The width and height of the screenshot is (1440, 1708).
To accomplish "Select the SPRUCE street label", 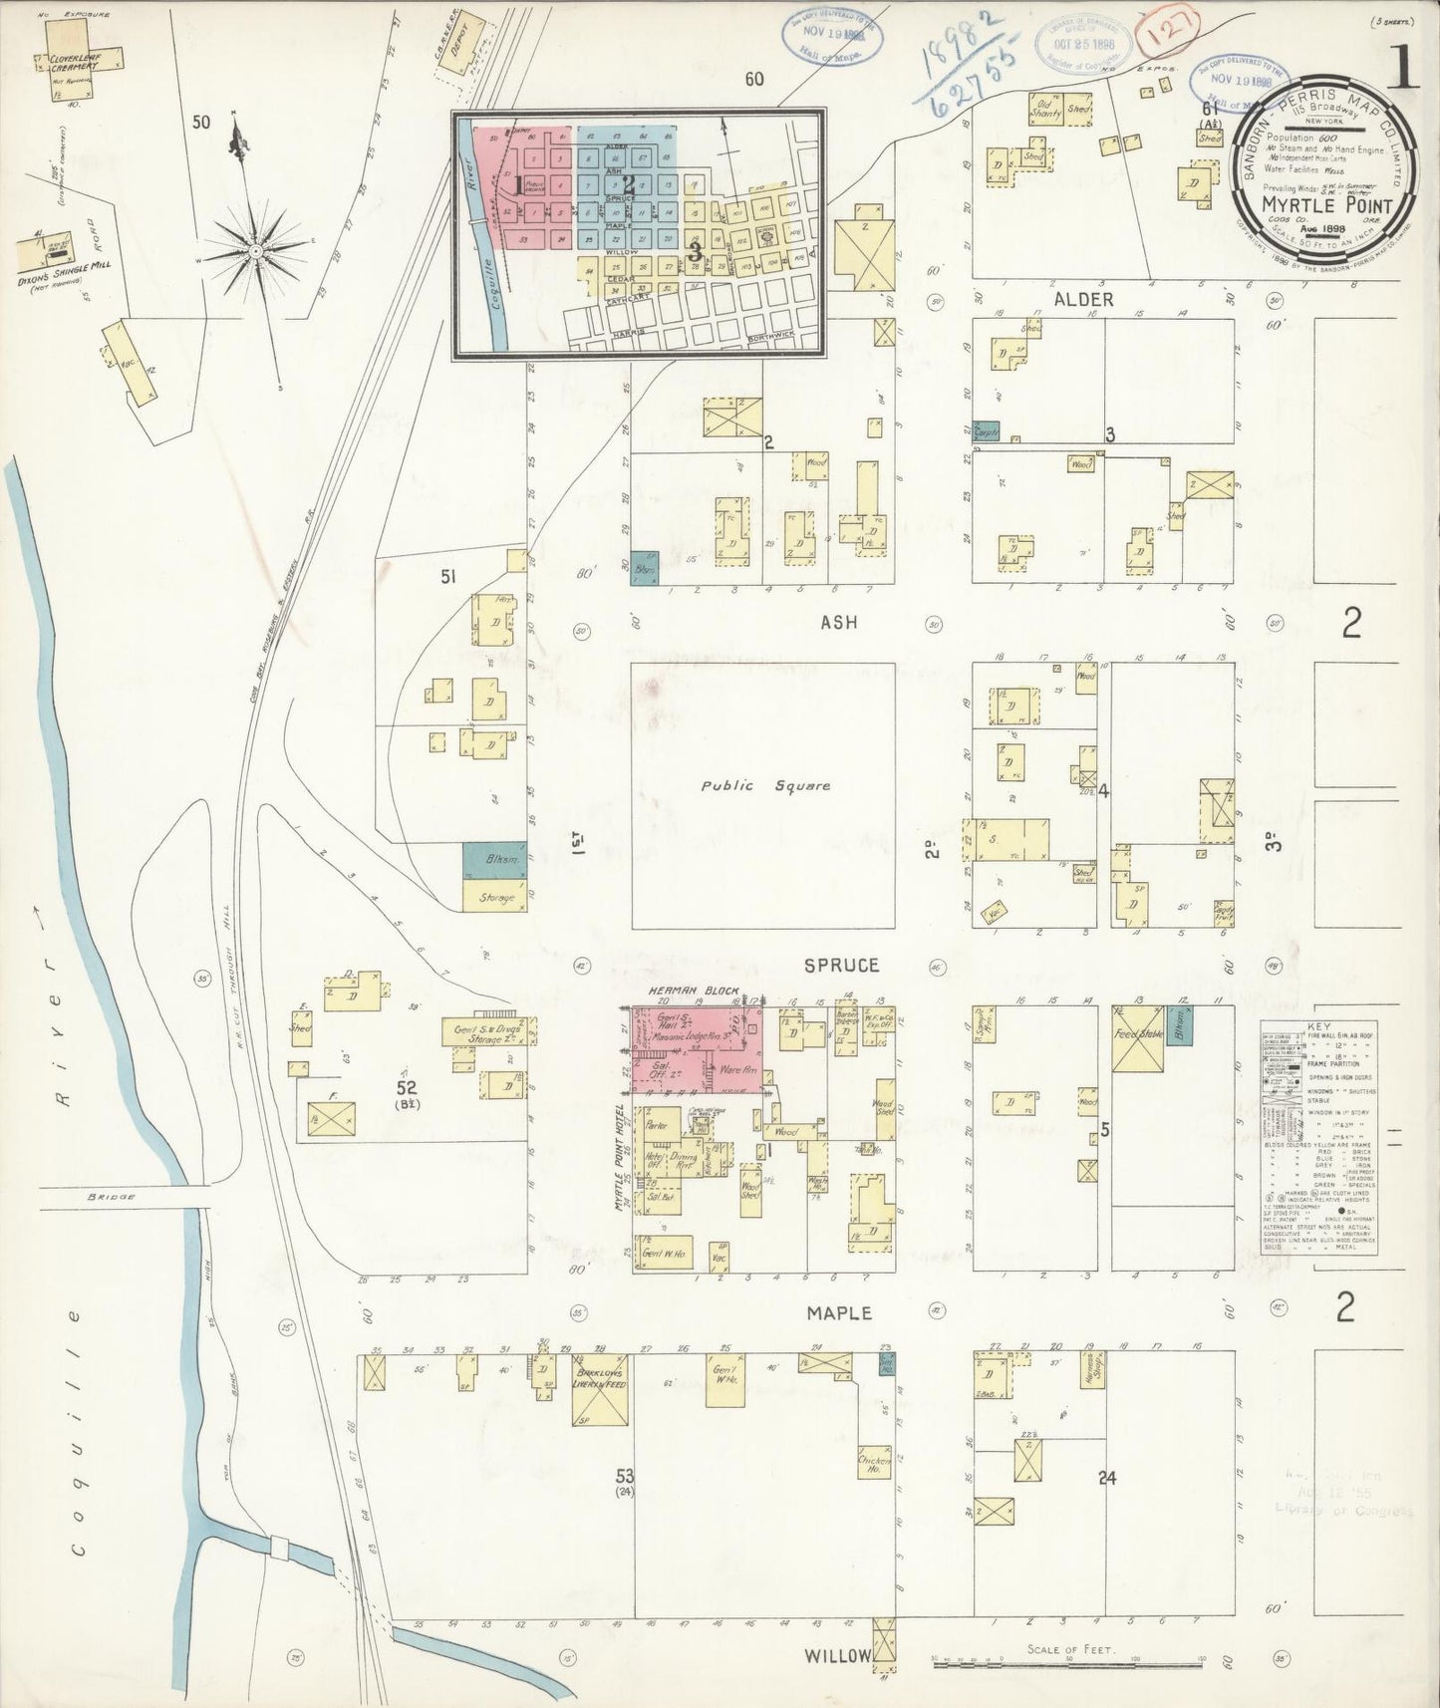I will pos(842,965).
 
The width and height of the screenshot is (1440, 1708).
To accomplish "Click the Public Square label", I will pos(764,785).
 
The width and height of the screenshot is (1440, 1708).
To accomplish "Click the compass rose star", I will pos(256,252).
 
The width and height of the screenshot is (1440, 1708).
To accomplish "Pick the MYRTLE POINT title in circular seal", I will pos(1329,204).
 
